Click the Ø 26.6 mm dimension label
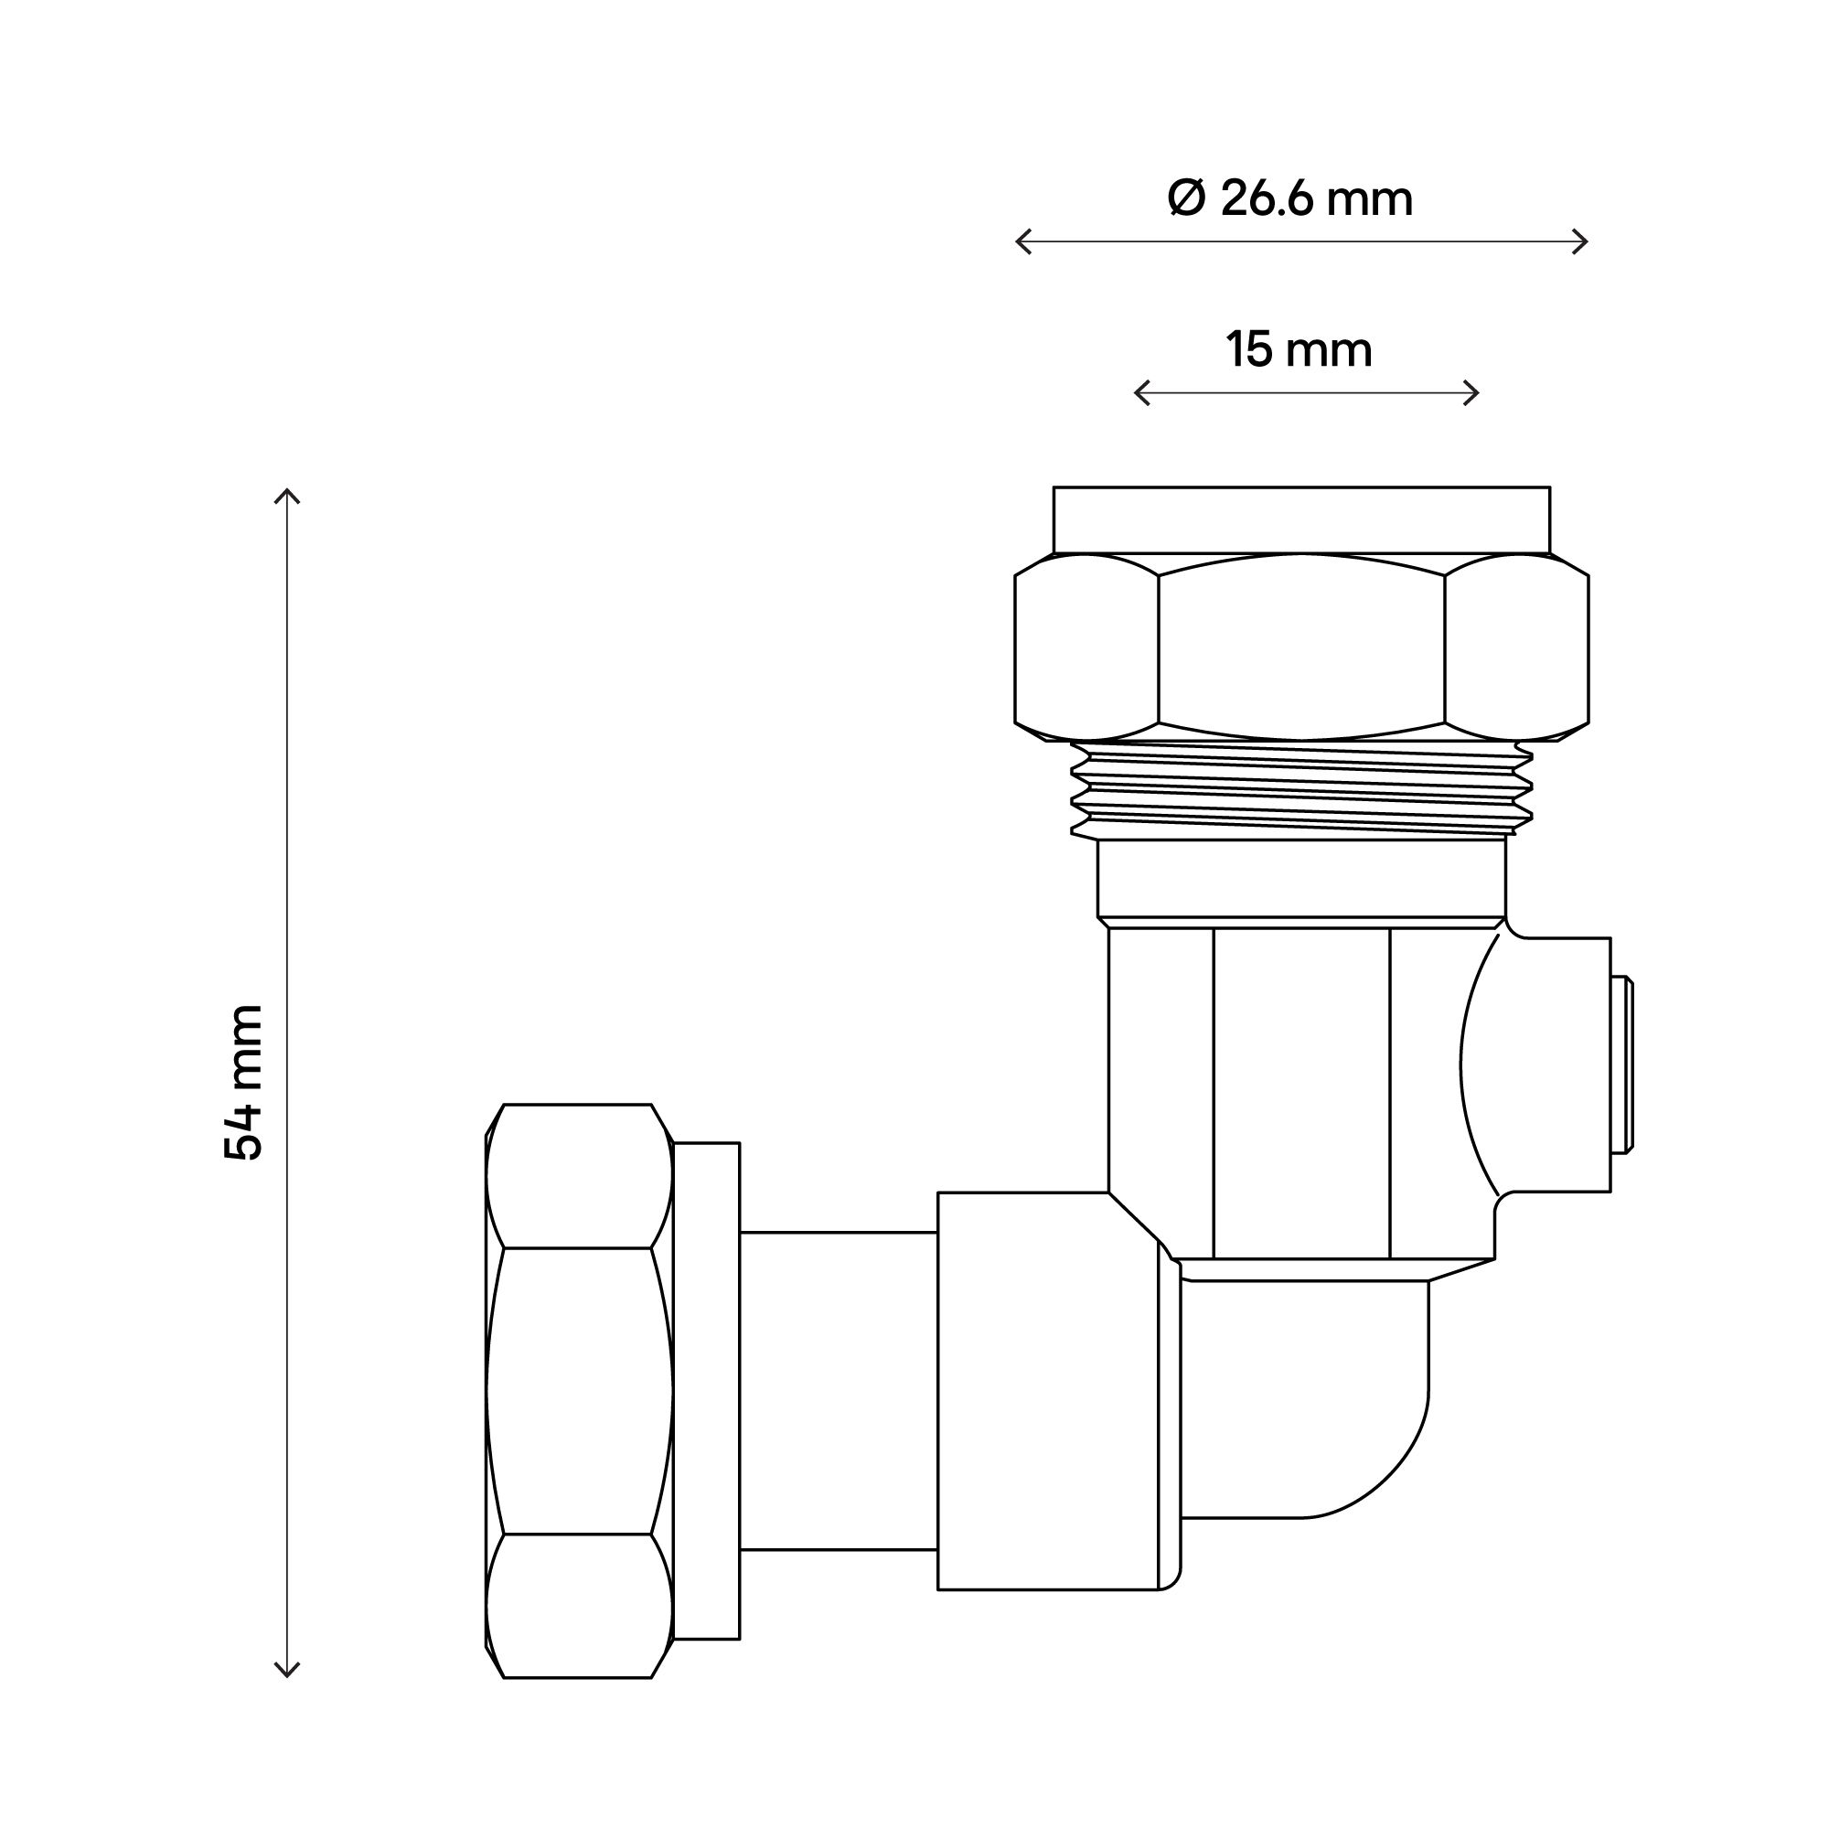pos(1289,198)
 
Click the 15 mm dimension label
pos(1299,350)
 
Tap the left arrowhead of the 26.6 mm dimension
pos(1020,241)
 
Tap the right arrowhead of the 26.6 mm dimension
pos(1584,241)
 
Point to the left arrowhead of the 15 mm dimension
pos(1139,392)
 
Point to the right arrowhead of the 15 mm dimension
pos(1474,392)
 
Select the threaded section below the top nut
pos(1300,789)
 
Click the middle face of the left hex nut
pos(577,1391)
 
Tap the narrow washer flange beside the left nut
pos(706,1391)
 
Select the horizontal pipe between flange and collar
pos(838,1391)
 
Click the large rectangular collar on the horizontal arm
pos(1047,1391)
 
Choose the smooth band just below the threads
pos(1300,878)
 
